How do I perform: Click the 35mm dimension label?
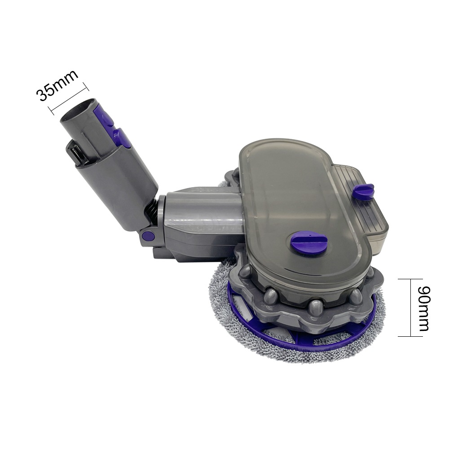coord(57,85)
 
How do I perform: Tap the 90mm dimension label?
coord(423,308)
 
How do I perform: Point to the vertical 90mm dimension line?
coord(410,307)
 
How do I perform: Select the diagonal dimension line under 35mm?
coord(68,99)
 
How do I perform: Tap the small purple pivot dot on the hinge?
coord(148,236)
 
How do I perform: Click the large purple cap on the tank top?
coord(308,242)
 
